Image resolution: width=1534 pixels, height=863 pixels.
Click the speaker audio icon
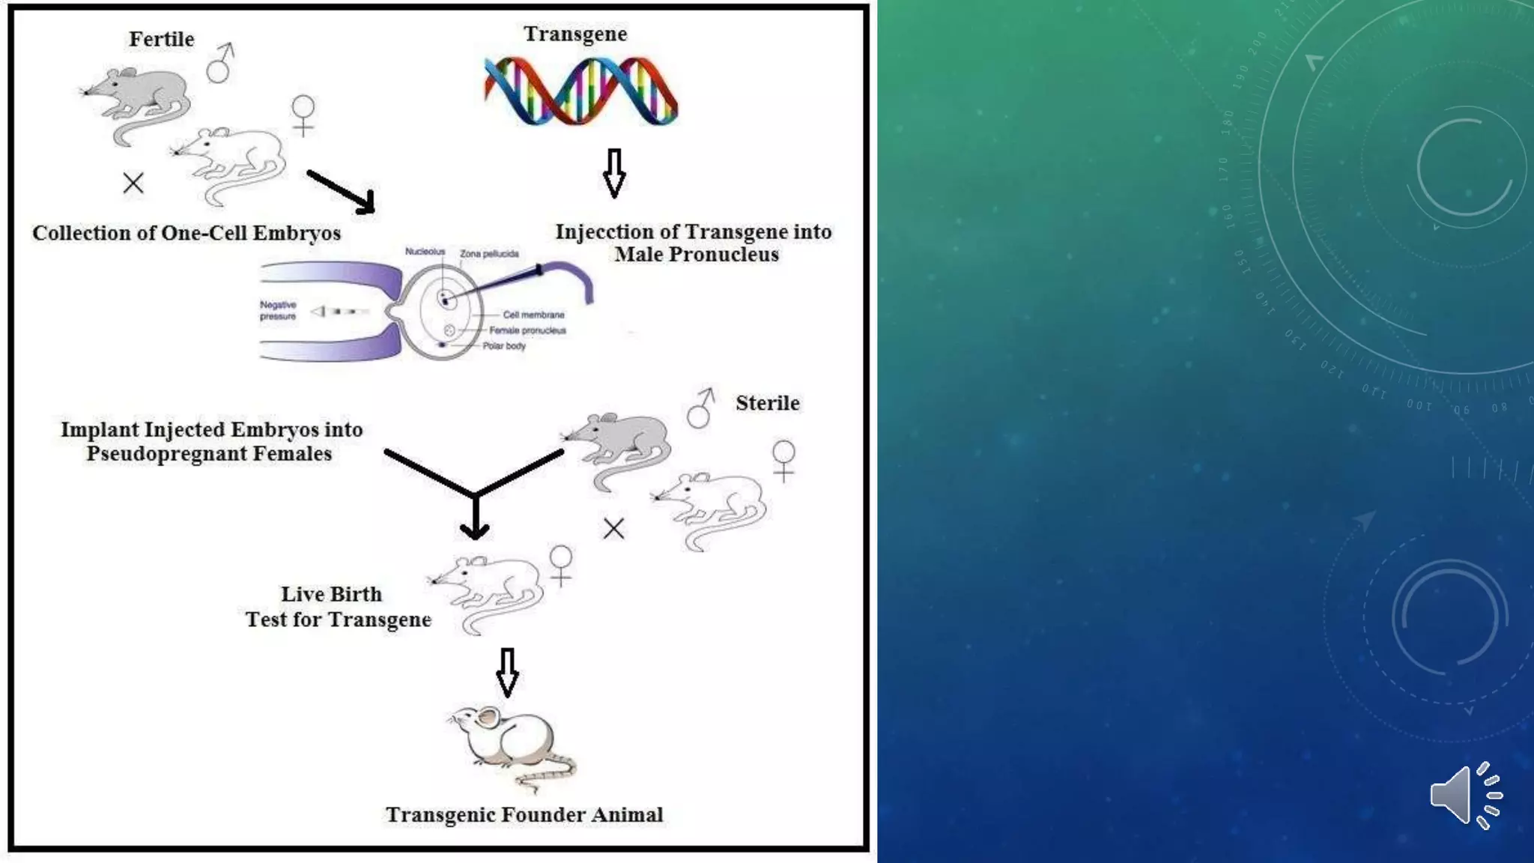pos(1465,796)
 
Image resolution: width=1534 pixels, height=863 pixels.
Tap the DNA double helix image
pos(580,91)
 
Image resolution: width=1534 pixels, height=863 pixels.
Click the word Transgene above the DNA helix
pos(575,34)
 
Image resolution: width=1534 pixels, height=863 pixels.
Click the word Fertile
pos(161,39)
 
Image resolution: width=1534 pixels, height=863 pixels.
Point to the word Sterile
pos(767,403)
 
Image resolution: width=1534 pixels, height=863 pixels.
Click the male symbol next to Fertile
pos(220,63)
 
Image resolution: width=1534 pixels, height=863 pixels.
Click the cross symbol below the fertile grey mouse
pos(133,183)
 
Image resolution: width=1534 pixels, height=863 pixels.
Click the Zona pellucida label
pos(489,254)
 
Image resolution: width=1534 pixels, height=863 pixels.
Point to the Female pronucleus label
pos(527,330)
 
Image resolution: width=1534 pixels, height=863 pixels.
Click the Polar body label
pos(504,346)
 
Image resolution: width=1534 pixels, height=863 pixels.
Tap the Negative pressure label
pos(278,310)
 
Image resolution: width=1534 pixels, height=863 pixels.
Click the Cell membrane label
pos(533,315)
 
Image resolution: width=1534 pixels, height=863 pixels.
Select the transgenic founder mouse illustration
pos(513,746)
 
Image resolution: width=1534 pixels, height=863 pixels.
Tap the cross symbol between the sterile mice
pos(613,529)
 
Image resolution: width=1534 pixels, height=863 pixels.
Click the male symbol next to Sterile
pos(701,408)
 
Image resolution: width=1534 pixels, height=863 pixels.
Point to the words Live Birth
pos(331,594)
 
